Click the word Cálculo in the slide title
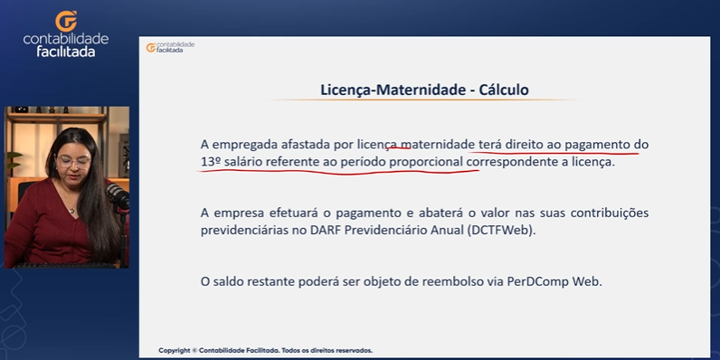[x=504, y=90]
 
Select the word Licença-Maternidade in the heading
[x=393, y=90]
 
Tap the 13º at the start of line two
[x=208, y=162]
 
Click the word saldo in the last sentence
[x=227, y=281]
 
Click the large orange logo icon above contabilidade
[x=66, y=21]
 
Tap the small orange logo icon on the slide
[x=151, y=48]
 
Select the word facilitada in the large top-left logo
[x=66, y=52]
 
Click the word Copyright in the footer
[x=174, y=350]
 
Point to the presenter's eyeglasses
[x=74, y=162]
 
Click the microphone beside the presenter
[x=117, y=195]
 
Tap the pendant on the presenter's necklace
[x=71, y=211]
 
